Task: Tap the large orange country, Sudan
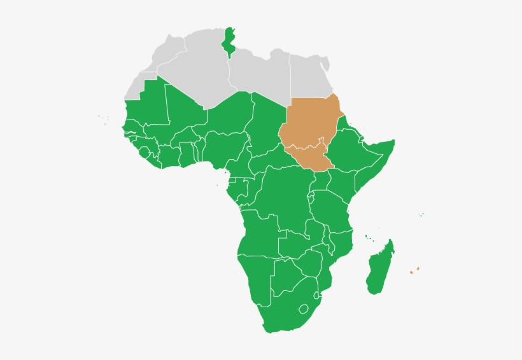[x=310, y=123]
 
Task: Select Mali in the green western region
[x=181, y=114]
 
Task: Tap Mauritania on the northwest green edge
[x=146, y=102]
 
